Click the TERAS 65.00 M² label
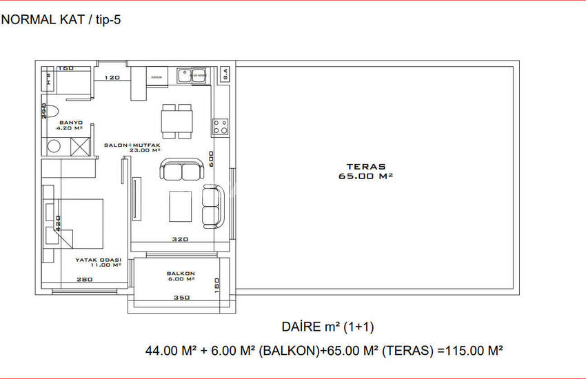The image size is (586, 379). click(x=365, y=171)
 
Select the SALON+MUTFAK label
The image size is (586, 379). click(x=132, y=147)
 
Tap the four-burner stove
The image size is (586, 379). click(x=221, y=126)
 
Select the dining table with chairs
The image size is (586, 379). click(x=176, y=121)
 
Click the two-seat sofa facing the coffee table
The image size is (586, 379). click(x=181, y=170)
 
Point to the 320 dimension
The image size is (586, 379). click(x=180, y=240)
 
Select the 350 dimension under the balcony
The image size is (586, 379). click(x=181, y=298)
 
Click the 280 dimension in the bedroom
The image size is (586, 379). click(x=84, y=279)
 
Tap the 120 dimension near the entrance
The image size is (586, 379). click(x=112, y=78)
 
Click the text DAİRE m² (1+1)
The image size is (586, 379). click(x=327, y=326)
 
